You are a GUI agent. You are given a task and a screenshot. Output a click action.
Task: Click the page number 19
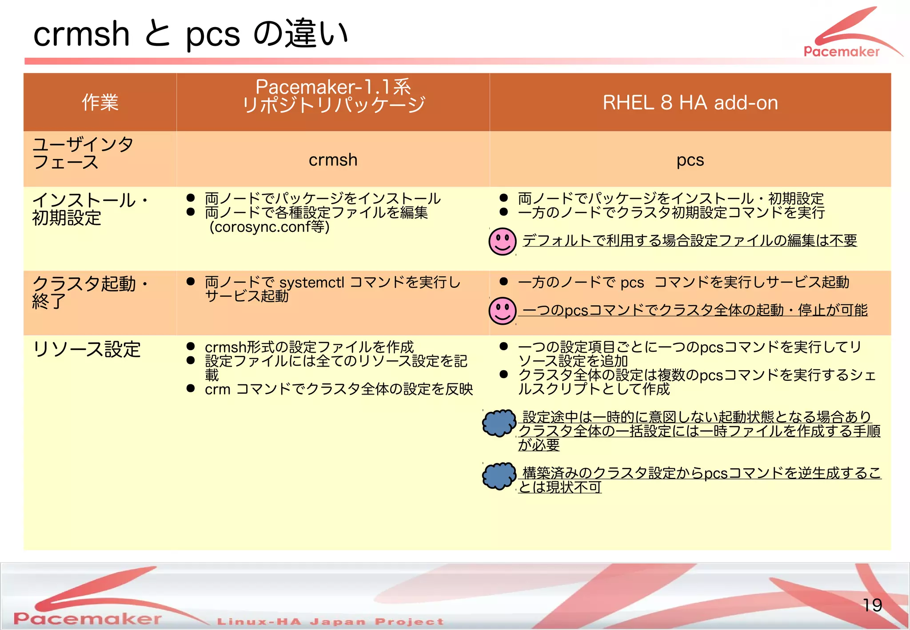click(872, 605)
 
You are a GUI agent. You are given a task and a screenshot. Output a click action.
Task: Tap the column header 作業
click(100, 103)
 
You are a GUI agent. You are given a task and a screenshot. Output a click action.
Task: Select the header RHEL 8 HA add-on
click(690, 103)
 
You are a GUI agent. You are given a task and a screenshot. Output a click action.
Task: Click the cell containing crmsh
click(333, 159)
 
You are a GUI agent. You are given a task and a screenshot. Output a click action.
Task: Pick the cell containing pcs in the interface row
click(690, 159)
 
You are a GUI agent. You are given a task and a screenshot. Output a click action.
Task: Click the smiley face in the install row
click(502, 242)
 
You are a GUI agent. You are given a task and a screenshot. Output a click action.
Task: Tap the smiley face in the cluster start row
click(502, 311)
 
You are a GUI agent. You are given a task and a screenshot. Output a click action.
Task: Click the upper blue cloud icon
click(499, 423)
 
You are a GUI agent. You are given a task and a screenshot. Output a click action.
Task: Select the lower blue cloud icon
click(499, 476)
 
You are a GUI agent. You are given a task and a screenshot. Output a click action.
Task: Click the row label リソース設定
click(87, 349)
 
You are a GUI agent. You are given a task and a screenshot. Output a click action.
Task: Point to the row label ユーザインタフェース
click(83, 153)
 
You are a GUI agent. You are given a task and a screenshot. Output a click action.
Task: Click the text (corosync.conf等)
click(269, 227)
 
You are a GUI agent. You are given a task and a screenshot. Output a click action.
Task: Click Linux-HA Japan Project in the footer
click(330, 621)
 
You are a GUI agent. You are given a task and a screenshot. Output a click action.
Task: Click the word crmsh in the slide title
click(81, 34)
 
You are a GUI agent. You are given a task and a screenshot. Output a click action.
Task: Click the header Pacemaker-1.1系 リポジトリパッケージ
click(333, 96)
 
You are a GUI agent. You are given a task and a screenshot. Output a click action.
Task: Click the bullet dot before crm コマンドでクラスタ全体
click(191, 389)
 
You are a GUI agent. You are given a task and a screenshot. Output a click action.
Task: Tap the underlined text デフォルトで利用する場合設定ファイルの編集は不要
click(689, 240)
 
